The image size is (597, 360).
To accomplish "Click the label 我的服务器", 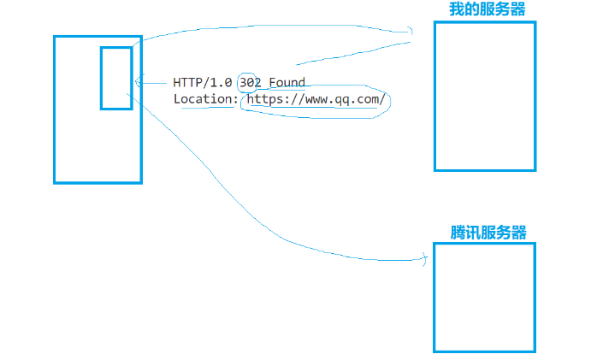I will click(x=488, y=9).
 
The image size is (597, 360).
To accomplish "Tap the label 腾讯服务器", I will click(x=488, y=233).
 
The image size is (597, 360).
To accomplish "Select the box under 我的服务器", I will click(x=485, y=96).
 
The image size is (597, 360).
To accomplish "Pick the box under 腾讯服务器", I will click(x=484, y=297).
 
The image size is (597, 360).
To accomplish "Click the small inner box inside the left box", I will click(x=116, y=78).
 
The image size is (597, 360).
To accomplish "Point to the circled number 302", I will click(x=250, y=83).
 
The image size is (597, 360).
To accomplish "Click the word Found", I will click(x=287, y=83).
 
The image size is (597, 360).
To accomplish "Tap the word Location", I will click(x=204, y=99).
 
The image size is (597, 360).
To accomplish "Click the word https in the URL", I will click(x=263, y=99).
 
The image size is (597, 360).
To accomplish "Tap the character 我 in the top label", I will click(x=457, y=9).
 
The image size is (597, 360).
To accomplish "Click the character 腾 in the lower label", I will click(x=458, y=233).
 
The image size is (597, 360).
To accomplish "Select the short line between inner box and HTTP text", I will click(x=152, y=82).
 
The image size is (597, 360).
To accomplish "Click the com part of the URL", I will click(x=367, y=99).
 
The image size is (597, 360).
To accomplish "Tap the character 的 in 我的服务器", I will click(x=472, y=9).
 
